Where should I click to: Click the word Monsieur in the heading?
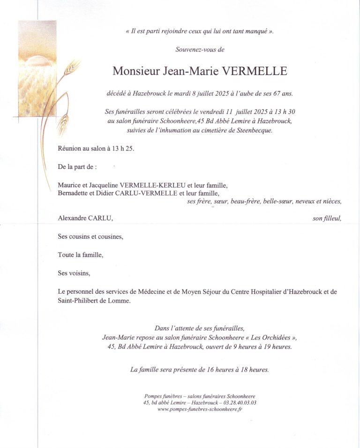(x=136, y=71)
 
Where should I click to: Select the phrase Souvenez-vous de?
(x=200, y=49)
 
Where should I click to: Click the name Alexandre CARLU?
(x=85, y=218)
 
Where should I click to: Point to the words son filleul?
(x=327, y=218)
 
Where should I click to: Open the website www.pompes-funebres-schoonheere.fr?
(x=200, y=410)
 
